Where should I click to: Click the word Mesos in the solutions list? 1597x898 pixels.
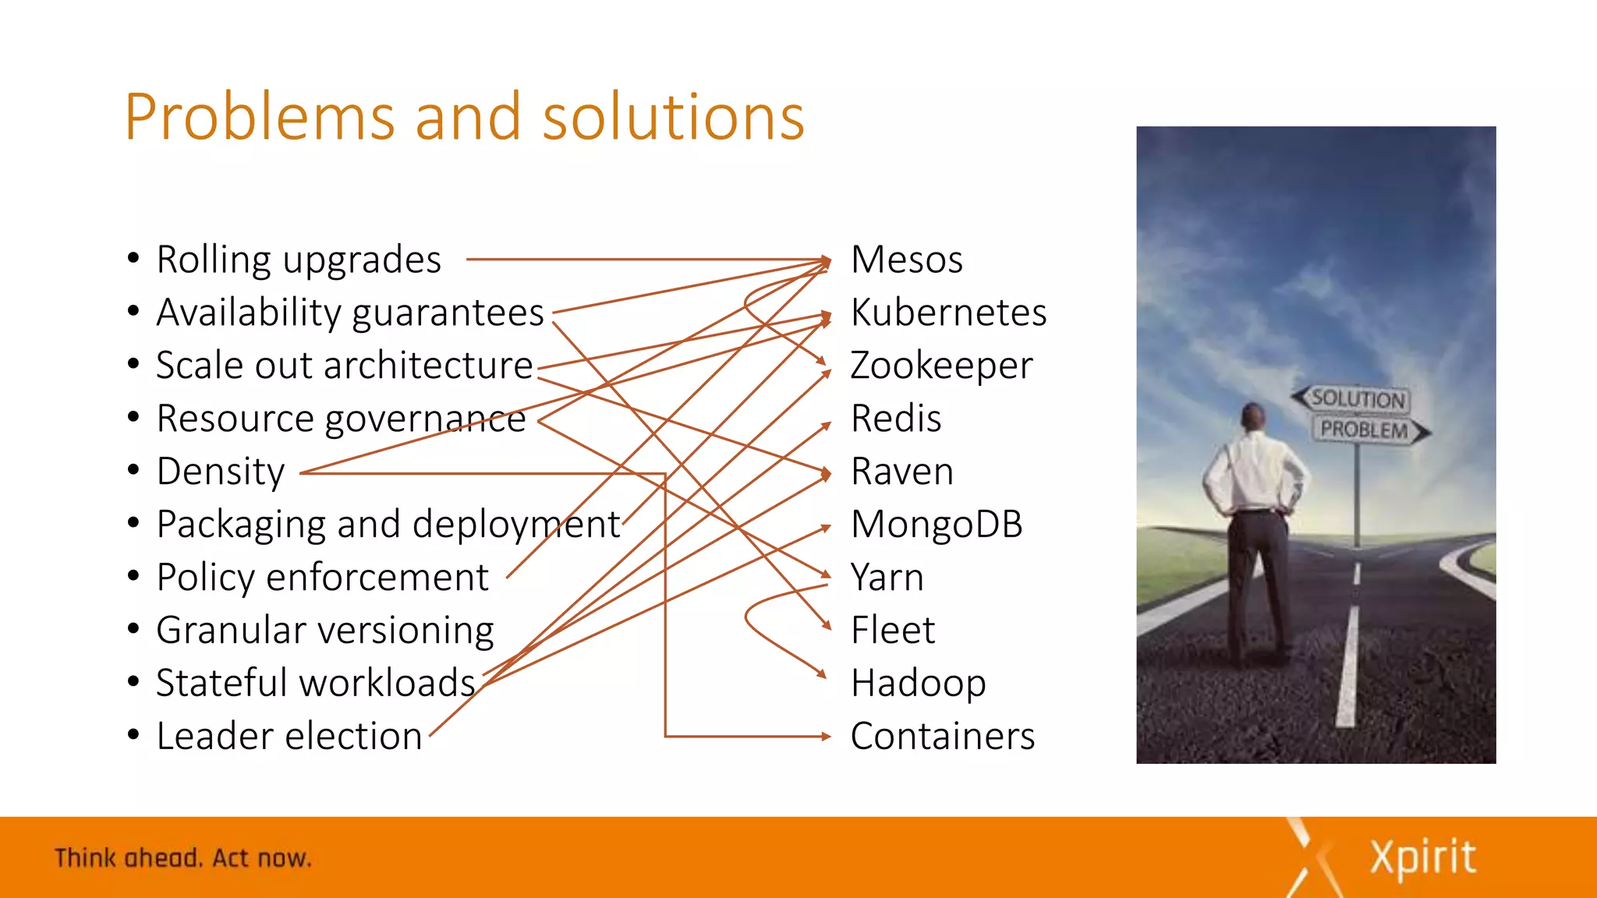pos(906,260)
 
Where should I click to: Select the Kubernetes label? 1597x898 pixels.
pos(948,313)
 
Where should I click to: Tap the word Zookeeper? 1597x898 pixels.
pos(941,366)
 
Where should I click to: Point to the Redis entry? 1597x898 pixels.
pos(896,419)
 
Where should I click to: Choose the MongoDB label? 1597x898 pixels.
pos(937,525)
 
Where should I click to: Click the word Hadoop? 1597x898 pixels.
pos(918,684)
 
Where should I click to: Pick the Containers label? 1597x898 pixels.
pos(942,737)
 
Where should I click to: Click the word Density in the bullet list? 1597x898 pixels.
pos(221,472)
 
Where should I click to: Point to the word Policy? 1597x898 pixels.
pos(206,578)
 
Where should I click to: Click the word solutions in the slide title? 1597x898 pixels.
pos(673,117)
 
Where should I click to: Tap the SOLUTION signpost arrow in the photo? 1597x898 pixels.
pos(1352,398)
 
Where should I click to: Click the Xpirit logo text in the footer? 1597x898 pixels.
pos(1422,857)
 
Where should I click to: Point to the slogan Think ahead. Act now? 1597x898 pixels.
pos(182,858)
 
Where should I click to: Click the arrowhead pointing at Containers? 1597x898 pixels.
pos(827,736)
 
